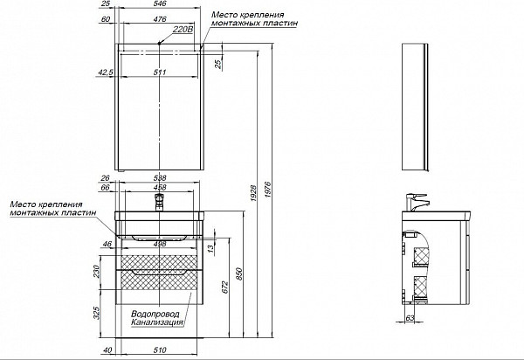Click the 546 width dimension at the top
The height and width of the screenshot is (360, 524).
[x=160, y=3]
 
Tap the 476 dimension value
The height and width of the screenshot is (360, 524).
[x=160, y=19]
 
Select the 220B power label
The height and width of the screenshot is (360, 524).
[x=183, y=30]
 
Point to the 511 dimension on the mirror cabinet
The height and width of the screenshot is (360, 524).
[x=160, y=73]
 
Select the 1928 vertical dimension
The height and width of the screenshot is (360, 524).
[x=253, y=193]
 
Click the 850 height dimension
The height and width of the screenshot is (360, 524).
[x=239, y=274]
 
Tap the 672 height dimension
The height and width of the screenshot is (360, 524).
[x=225, y=287]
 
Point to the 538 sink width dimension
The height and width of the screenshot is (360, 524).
[x=160, y=178]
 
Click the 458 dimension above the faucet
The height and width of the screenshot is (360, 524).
[x=160, y=188]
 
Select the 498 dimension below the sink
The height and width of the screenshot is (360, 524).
[x=160, y=245]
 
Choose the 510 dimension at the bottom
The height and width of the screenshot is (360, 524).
[x=160, y=350]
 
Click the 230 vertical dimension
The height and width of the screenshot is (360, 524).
[x=97, y=271]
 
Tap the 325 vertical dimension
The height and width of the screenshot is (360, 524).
[x=97, y=313]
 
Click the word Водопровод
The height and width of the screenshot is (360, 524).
[x=155, y=315]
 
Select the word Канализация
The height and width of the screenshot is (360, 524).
[x=157, y=322]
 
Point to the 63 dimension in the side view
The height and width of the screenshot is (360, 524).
[x=410, y=318]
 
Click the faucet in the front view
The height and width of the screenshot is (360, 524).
[x=160, y=202]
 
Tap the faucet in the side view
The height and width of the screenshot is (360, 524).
[x=417, y=202]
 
